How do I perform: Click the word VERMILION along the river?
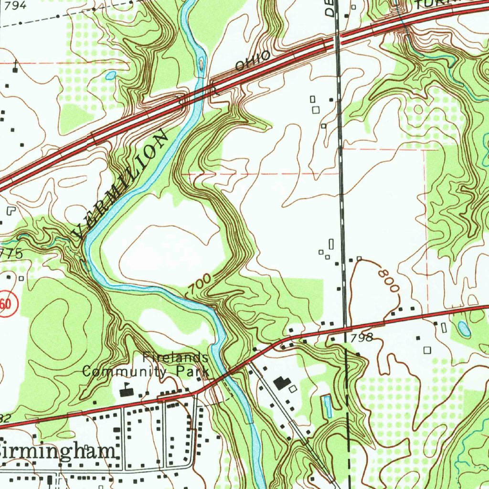[x=121, y=186]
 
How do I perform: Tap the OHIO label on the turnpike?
[x=253, y=62]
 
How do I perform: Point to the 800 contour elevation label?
[x=388, y=281]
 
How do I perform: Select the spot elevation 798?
[x=361, y=338]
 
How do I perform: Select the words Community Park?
[x=146, y=371]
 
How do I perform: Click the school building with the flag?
[x=127, y=391]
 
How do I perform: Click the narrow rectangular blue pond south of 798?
[x=328, y=406]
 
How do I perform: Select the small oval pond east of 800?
[x=463, y=328]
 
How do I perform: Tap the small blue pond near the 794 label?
[x=111, y=75]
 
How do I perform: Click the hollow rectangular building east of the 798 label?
[x=427, y=350]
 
